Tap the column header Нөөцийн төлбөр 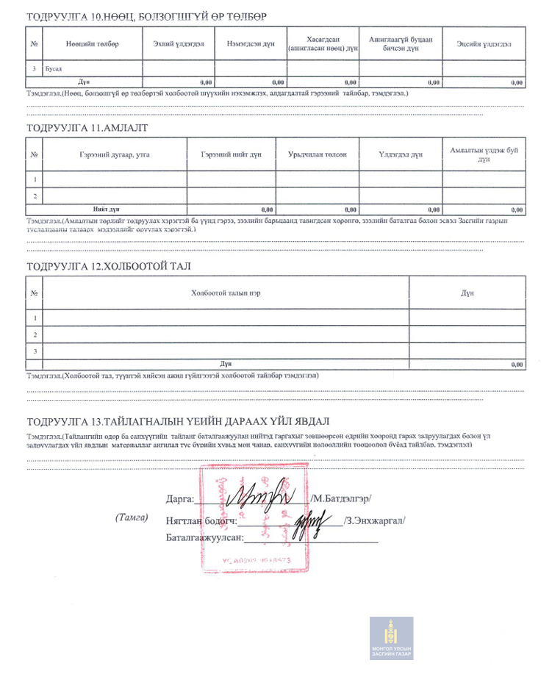(91, 44)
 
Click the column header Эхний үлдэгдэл (179, 44)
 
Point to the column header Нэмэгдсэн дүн (251, 44)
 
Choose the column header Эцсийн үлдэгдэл (484, 44)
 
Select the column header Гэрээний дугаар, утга (115, 155)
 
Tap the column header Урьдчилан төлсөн (318, 155)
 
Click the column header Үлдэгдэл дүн (401, 155)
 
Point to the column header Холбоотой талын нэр (226, 293)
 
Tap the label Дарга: (180, 498)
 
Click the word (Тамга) (132, 517)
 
